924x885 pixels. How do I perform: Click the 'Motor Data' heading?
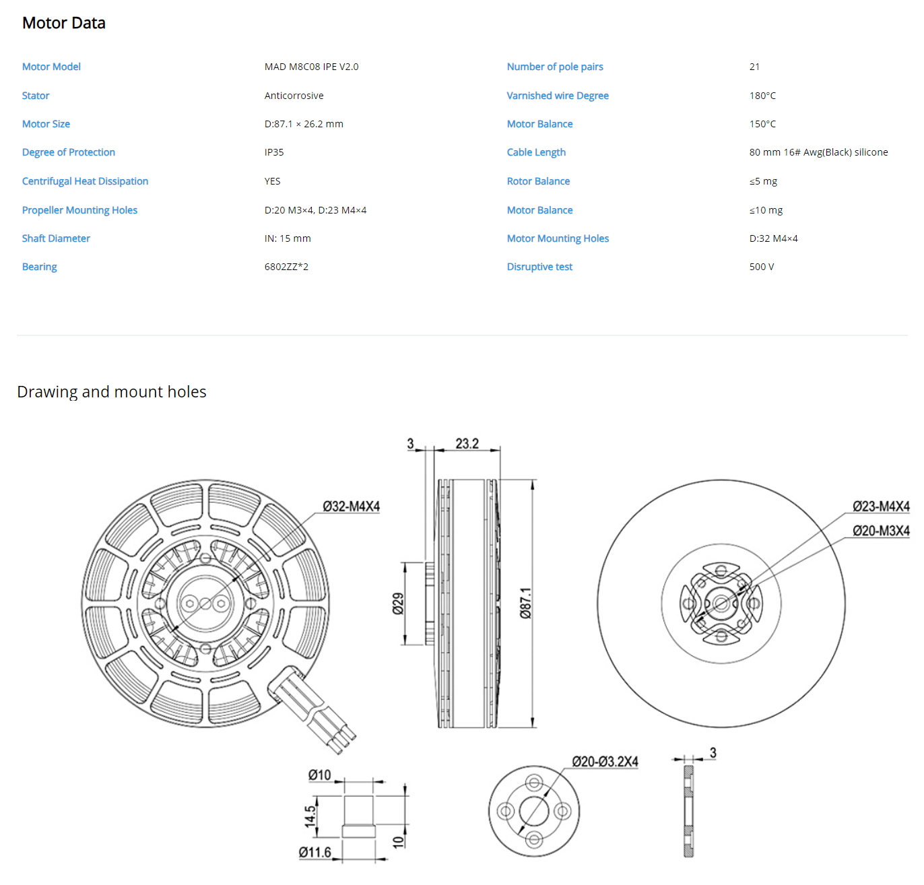coord(63,23)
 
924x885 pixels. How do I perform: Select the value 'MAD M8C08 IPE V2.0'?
coord(311,67)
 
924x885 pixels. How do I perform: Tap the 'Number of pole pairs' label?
coord(554,67)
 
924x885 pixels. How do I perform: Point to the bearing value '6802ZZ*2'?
coord(286,266)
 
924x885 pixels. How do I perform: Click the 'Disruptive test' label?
coord(539,266)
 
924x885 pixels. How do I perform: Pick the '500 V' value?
coord(761,266)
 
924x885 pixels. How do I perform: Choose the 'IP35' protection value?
coord(273,152)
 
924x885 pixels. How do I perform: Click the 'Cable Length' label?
coord(535,152)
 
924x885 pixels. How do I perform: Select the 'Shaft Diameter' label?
coord(55,238)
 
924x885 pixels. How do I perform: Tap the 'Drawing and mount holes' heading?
coord(112,391)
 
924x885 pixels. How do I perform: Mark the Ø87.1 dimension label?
coord(525,602)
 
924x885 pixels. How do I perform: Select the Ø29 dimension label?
coord(397,603)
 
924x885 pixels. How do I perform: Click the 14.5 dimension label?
coord(310,815)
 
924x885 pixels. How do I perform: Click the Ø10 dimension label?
coord(319,774)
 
